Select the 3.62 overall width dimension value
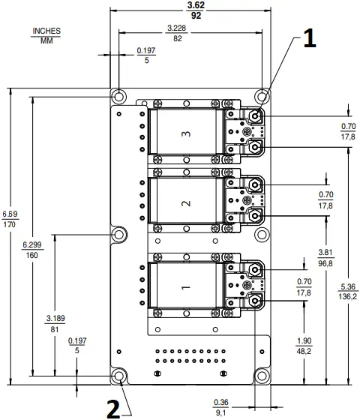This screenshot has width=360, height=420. click(196, 5)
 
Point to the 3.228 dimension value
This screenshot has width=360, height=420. click(177, 28)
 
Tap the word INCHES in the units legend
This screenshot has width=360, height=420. click(46, 31)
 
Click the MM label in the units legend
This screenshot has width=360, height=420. click(46, 40)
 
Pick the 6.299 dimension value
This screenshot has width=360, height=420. click(32, 245)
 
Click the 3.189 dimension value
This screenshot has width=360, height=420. click(55, 319)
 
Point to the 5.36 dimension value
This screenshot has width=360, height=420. click(347, 287)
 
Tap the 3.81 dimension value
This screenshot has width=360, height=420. click(326, 252)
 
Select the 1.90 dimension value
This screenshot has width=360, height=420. click(326, 340)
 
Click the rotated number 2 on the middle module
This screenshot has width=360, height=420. click(185, 202)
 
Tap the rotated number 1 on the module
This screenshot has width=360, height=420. click(185, 286)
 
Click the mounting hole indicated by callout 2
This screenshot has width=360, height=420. click(118, 376)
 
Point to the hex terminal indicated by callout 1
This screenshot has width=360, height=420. click(256, 116)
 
